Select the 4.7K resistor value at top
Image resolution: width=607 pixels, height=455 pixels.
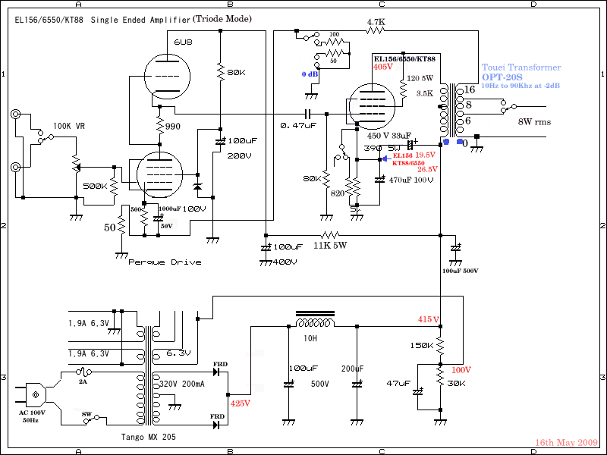376,23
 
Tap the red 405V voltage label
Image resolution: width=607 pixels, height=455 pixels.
384,67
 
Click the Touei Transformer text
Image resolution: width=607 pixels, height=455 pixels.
521,67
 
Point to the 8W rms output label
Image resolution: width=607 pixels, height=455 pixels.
534,121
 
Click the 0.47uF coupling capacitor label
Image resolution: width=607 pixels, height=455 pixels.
298,125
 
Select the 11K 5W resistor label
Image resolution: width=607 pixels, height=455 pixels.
329,246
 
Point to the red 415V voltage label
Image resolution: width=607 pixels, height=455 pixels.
428,319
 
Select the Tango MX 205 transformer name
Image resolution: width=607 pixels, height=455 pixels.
151,438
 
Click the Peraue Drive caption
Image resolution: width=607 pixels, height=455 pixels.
165,262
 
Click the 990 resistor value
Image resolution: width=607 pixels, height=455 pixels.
173,126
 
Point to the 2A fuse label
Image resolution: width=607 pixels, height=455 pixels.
83,383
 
